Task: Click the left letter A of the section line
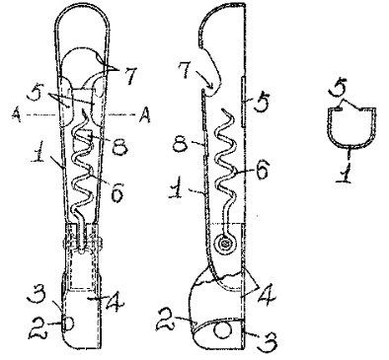click(17, 115)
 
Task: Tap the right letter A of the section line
click(144, 115)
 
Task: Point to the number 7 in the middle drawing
click(186, 70)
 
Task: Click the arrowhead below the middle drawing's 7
click(210, 86)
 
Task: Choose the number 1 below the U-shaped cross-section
click(344, 172)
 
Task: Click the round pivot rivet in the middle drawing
click(225, 245)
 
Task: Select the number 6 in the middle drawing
click(262, 170)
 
